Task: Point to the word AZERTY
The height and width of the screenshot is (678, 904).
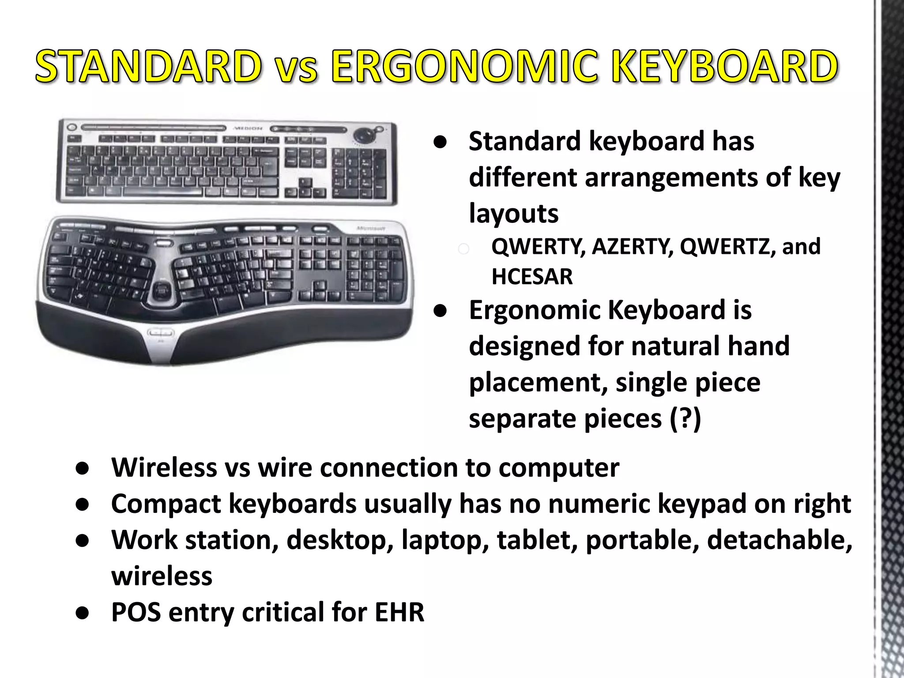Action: pos(633,246)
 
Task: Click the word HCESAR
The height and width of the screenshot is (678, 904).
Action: pos(532,277)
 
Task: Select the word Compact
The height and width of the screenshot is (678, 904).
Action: pos(166,504)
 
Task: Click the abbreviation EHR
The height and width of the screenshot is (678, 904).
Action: pos(399,612)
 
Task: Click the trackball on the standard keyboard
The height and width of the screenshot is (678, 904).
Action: pos(365,134)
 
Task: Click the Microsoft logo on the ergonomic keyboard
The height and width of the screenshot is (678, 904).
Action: pos(371,228)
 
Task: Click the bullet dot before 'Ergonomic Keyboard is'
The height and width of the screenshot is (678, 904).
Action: pos(440,311)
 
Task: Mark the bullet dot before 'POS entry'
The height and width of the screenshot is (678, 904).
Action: pos(83,613)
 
